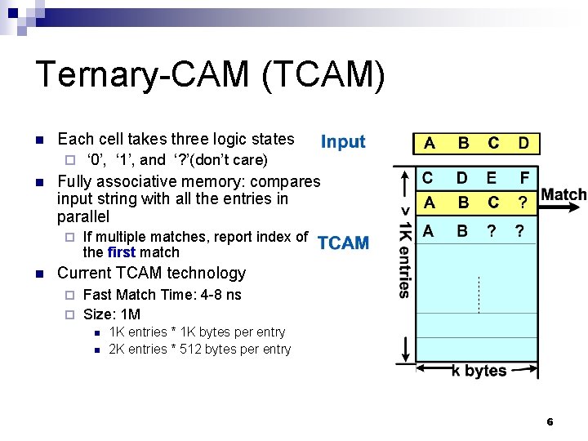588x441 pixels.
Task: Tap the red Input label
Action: (343, 142)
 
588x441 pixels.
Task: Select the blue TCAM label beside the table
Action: (343, 243)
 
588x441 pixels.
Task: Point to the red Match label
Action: (563, 194)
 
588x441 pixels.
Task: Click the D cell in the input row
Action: (523, 144)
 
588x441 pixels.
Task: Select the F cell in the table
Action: (523, 177)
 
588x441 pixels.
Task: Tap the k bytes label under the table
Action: (479, 371)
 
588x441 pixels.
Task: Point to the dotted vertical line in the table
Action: (479, 294)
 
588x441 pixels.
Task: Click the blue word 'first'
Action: (121, 252)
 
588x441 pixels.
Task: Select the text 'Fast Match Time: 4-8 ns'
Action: (162, 294)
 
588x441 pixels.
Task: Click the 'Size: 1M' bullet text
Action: (112, 314)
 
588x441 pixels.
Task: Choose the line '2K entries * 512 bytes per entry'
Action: (199, 350)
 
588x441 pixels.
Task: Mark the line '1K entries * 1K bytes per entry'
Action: (197, 332)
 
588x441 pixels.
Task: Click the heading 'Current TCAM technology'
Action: (151, 273)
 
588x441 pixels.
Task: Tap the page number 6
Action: (550, 422)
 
